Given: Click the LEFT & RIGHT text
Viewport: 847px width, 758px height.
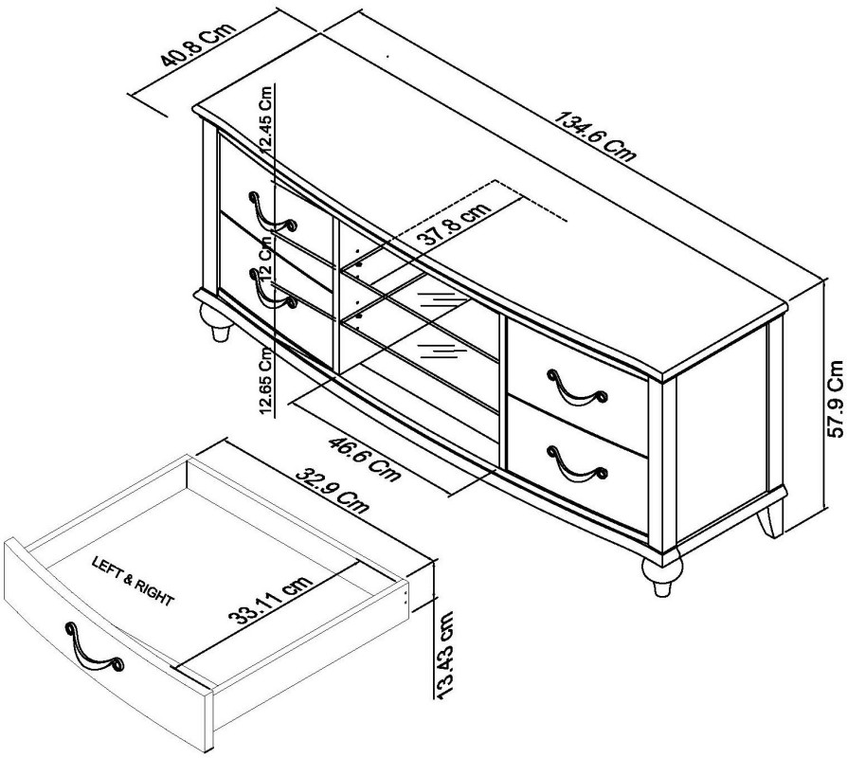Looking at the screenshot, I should (132, 580).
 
